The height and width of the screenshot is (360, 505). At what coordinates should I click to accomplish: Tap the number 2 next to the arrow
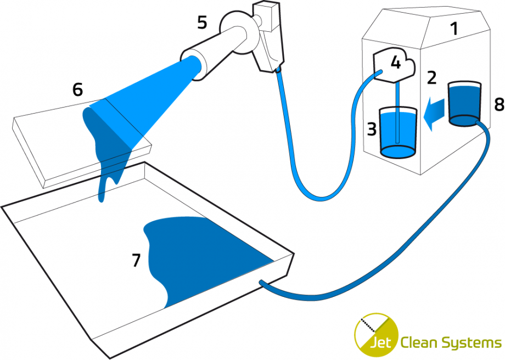click(432, 78)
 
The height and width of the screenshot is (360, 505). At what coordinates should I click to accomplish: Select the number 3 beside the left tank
click(371, 130)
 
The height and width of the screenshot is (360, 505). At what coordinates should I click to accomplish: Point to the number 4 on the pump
click(395, 62)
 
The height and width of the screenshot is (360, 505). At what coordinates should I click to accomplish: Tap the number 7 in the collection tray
click(137, 261)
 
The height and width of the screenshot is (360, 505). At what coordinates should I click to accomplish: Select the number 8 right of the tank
click(498, 105)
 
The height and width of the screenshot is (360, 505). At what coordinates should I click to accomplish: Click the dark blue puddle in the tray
click(198, 258)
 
